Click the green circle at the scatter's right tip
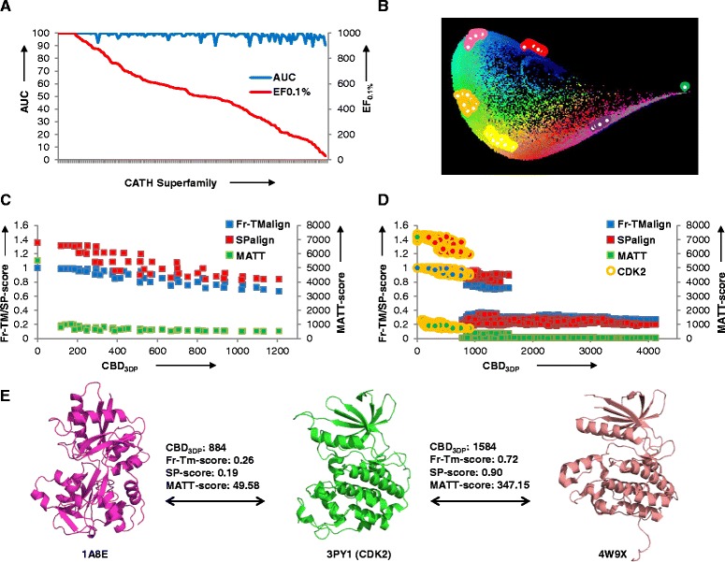click(x=686, y=87)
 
